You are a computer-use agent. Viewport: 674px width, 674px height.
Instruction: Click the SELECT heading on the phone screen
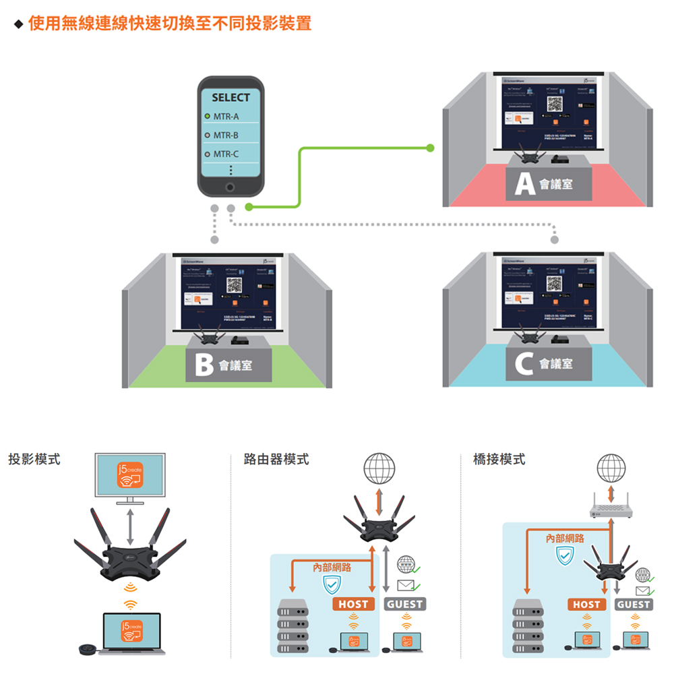tap(231, 98)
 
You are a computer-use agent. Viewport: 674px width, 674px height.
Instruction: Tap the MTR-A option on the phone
tap(226, 117)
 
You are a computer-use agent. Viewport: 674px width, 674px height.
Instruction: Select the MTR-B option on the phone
tap(226, 136)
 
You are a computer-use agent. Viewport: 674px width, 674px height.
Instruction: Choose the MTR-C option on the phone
tap(226, 154)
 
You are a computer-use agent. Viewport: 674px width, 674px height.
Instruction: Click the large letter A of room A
tap(524, 184)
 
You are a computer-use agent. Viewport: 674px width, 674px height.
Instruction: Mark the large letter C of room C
tap(524, 365)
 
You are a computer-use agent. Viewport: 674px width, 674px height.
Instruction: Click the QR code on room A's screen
tap(554, 104)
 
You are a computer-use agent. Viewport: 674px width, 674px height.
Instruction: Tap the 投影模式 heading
tap(34, 460)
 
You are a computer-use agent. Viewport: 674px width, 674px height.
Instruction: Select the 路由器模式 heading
tap(277, 460)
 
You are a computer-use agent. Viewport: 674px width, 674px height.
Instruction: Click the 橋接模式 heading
tap(499, 460)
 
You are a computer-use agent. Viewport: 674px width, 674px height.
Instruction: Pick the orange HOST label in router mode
tap(353, 604)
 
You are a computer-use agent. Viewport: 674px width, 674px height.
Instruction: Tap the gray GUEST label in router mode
tap(405, 604)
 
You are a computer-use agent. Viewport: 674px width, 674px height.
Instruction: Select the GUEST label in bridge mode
tap(634, 605)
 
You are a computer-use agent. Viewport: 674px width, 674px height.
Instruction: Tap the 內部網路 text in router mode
tap(332, 568)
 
